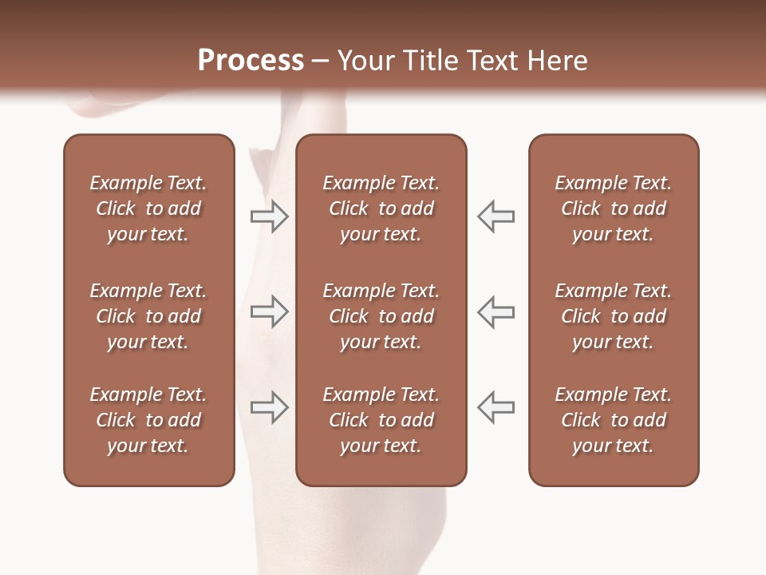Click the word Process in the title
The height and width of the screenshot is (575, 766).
click(251, 61)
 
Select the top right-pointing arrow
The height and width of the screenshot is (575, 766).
click(269, 216)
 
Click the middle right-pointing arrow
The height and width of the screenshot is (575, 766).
click(269, 311)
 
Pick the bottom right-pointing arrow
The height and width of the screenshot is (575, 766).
click(269, 407)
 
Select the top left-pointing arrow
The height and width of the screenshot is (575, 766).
click(496, 216)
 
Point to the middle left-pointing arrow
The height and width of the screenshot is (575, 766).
click(496, 311)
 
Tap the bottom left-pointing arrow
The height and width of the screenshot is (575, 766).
click(496, 407)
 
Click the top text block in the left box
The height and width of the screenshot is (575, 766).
click(148, 208)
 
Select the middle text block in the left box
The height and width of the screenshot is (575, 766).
click(148, 316)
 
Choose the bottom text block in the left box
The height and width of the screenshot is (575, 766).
click(148, 420)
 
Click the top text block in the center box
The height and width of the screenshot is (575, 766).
click(381, 208)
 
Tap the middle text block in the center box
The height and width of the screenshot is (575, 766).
click(381, 316)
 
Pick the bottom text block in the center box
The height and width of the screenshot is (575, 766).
click(381, 420)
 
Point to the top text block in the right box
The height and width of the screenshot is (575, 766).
click(613, 208)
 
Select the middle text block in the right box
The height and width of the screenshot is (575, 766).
click(613, 316)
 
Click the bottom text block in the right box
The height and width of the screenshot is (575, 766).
click(613, 420)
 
